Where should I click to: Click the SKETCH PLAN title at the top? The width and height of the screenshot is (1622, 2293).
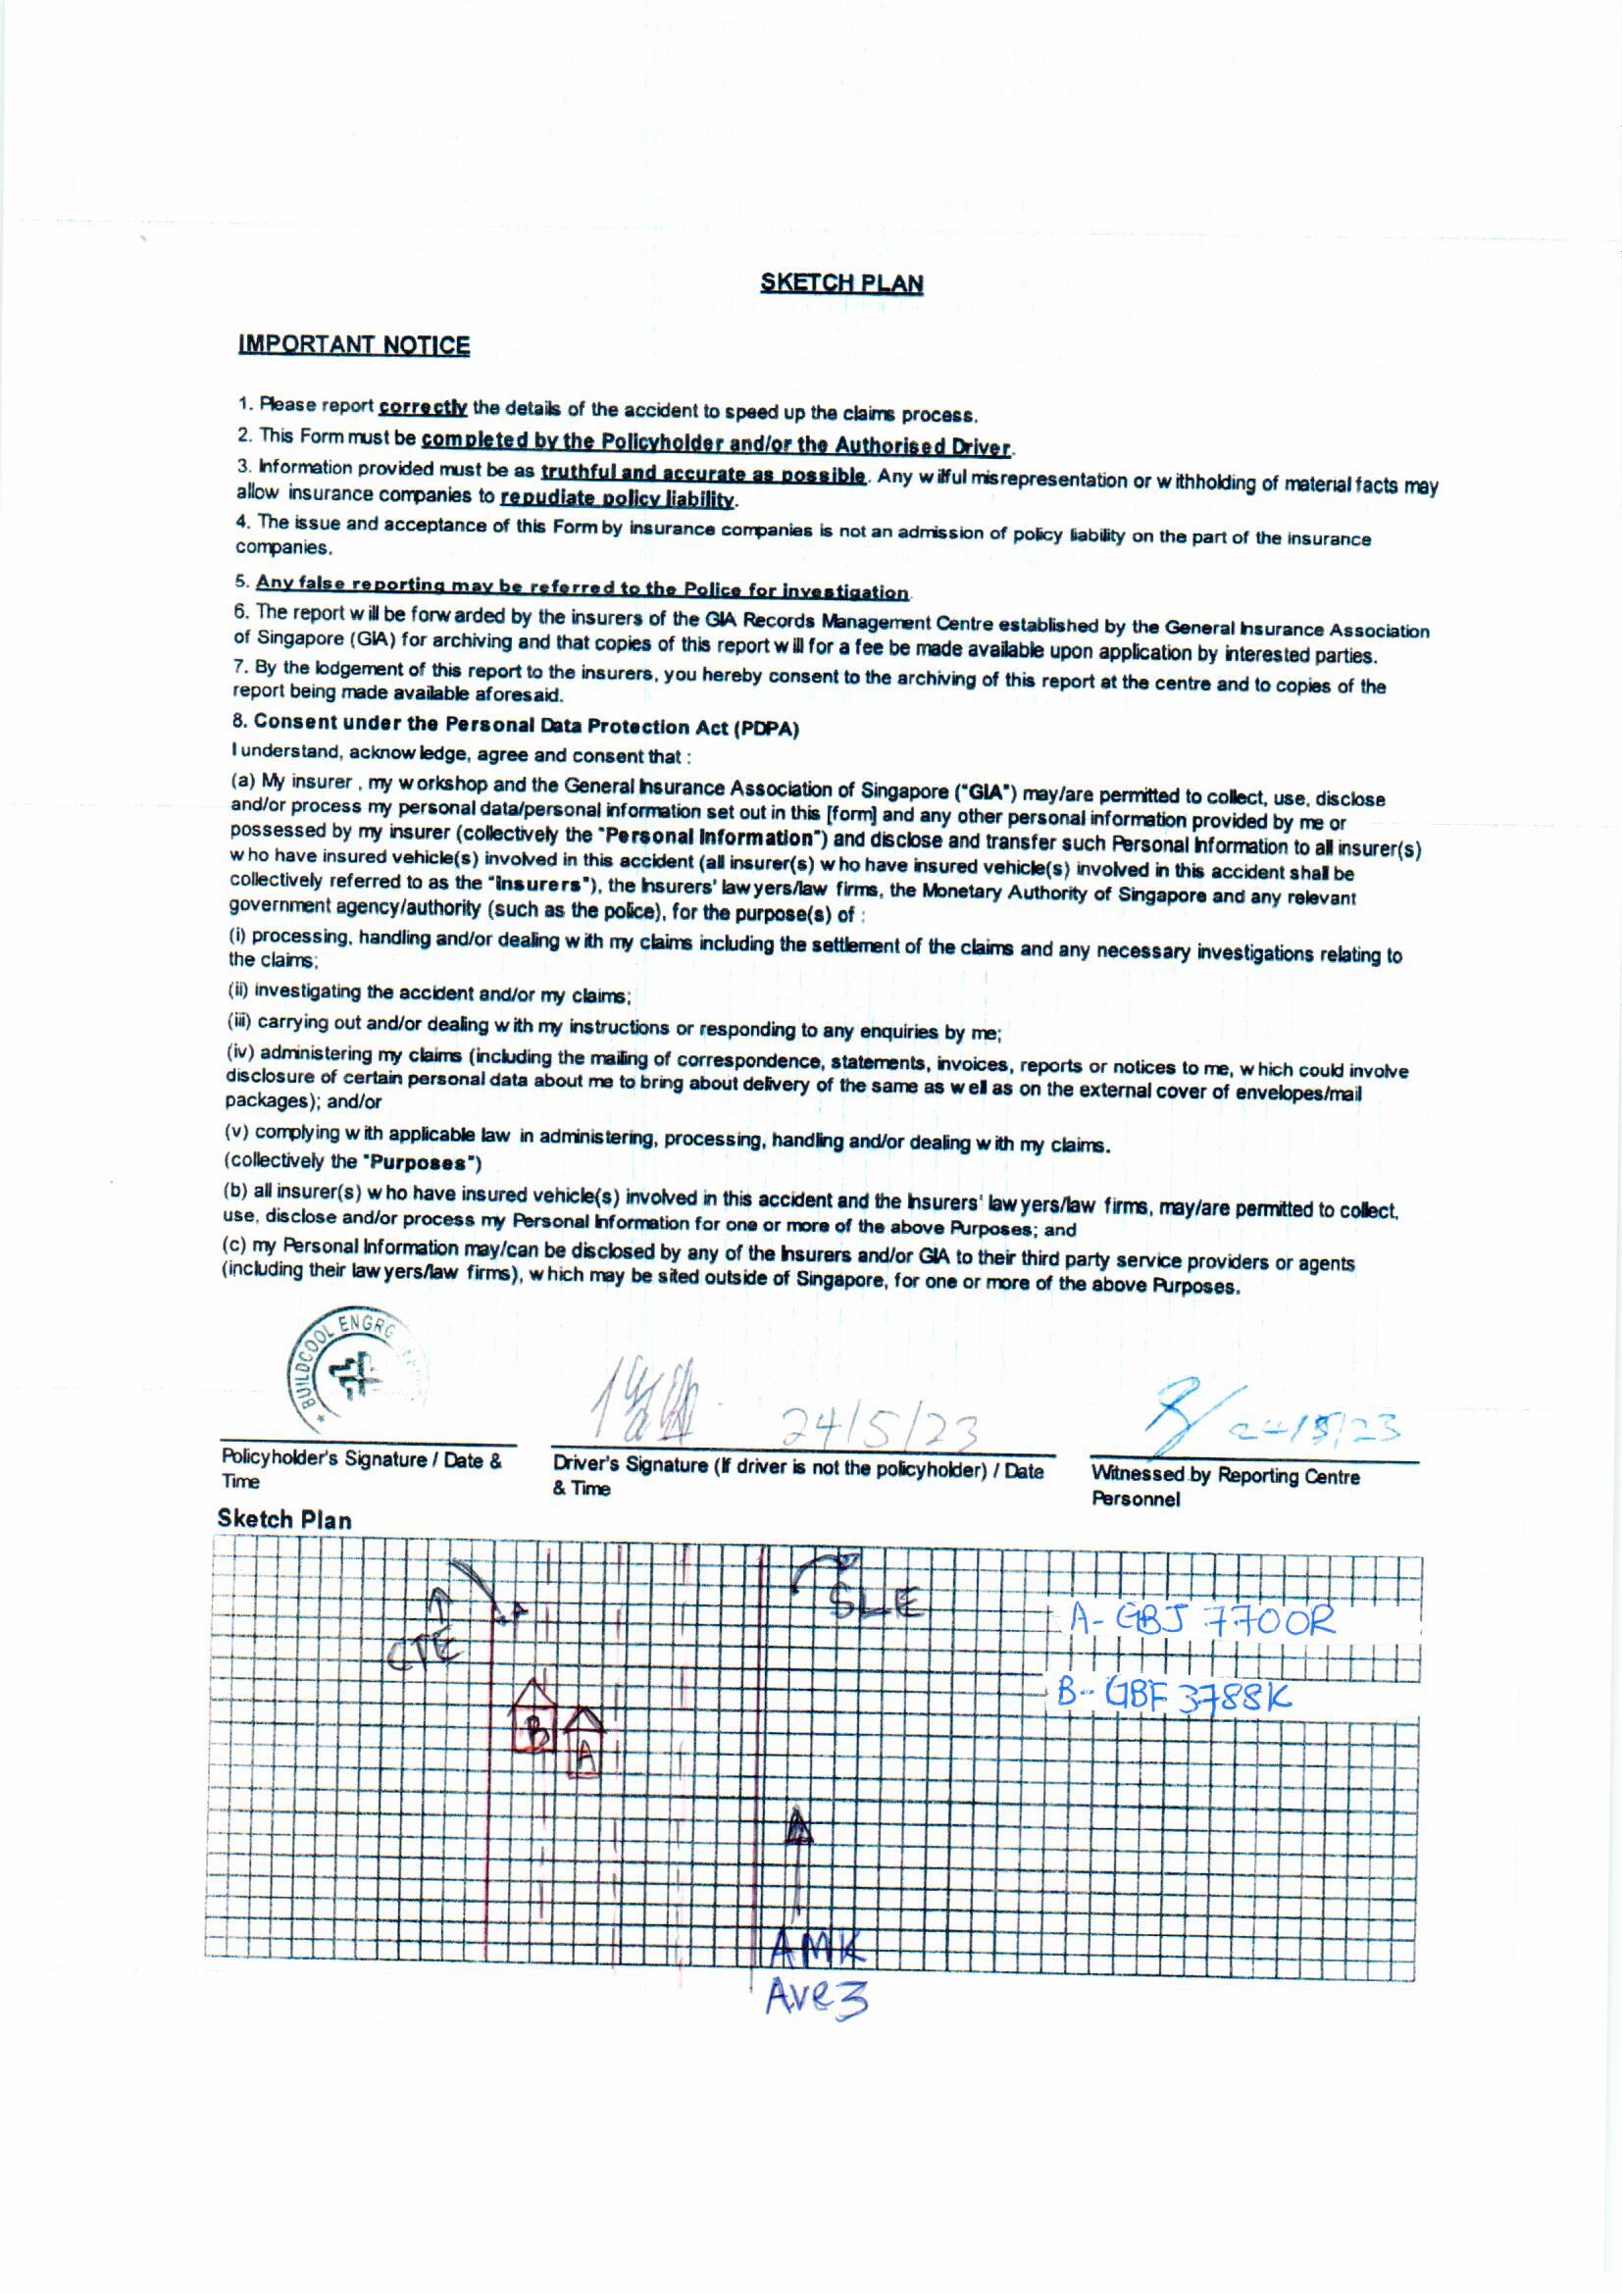pyautogui.click(x=841, y=283)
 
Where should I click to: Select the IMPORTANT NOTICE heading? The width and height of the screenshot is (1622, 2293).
pyautogui.click(x=354, y=345)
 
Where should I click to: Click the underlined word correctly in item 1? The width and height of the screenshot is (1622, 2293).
pyautogui.click(x=423, y=406)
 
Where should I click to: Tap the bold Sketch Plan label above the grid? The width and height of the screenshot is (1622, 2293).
pyautogui.click(x=284, y=1520)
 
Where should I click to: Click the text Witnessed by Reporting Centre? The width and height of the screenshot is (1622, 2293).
pyautogui.click(x=1226, y=1476)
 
